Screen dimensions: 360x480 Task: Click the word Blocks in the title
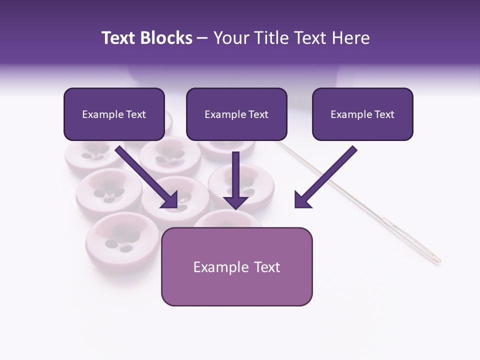click(x=165, y=38)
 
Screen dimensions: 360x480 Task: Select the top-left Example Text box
click(x=114, y=114)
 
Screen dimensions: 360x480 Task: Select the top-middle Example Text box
click(x=236, y=114)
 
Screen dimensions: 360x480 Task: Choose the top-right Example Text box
click(x=362, y=114)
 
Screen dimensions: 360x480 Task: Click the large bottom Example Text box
click(x=236, y=266)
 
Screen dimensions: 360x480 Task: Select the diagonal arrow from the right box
click(x=325, y=177)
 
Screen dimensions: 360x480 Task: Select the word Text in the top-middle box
click(x=258, y=114)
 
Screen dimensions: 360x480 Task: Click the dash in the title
click(x=202, y=38)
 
